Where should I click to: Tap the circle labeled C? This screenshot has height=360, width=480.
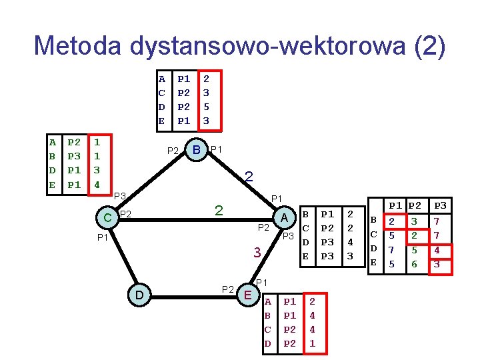(107, 217)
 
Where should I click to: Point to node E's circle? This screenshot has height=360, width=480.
(248, 294)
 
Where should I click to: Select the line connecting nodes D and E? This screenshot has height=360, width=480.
(193, 294)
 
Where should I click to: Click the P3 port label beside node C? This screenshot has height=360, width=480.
(120, 195)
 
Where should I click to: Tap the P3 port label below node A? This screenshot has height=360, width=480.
(288, 237)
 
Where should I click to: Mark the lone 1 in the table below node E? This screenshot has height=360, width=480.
(312, 344)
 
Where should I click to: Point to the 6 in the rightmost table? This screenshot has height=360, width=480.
(414, 264)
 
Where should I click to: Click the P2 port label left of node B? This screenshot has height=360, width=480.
(173, 151)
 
